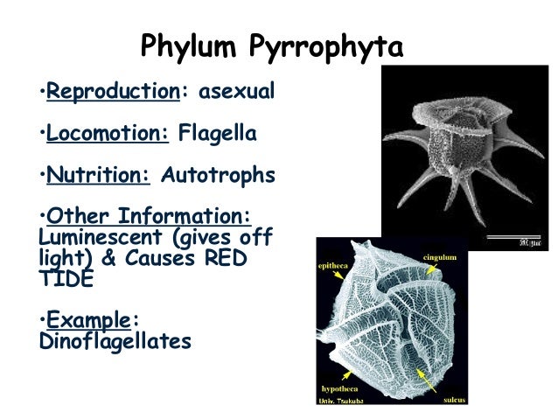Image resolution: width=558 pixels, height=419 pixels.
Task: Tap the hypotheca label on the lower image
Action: [x=339, y=387]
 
